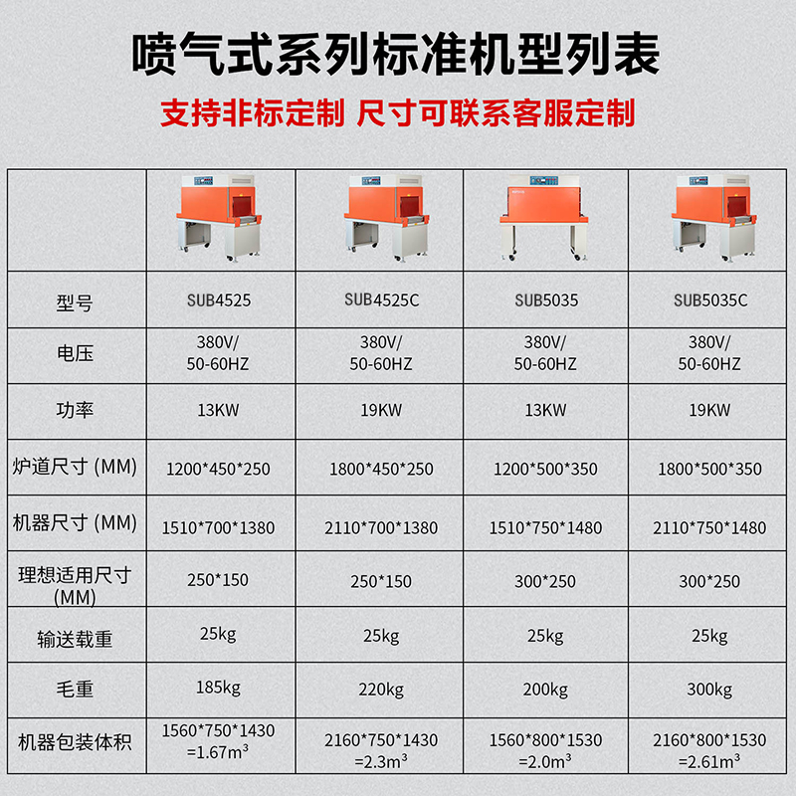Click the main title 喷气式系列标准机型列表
tap(397, 55)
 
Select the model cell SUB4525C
tap(381, 298)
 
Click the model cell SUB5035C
tap(710, 299)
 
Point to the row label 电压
tap(75, 353)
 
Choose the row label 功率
tap(75, 410)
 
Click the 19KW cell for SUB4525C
tap(381, 410)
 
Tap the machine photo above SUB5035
tap(545, 219)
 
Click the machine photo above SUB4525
tap(219, 219)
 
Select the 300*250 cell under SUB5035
tap(545, 581)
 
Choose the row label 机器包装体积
tap(75, 742)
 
